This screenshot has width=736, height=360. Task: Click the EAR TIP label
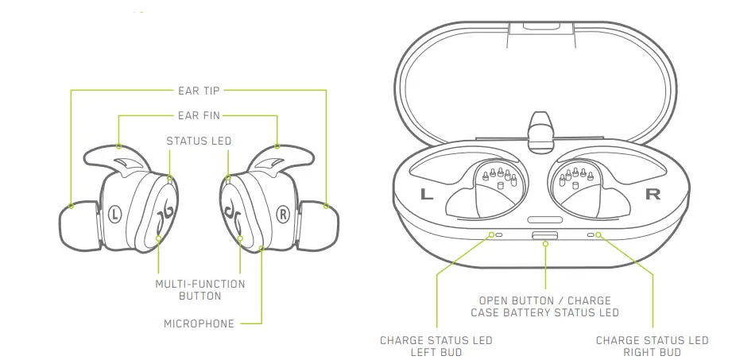tap(199, 91)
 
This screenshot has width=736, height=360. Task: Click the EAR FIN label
tap(199, 116)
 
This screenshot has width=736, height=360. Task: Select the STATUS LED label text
tap(199, 141)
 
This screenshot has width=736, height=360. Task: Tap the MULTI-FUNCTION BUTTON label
tap(199, 289)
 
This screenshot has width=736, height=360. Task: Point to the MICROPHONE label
tap(199, 323)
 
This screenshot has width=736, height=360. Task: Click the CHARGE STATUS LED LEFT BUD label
tap(436, 346)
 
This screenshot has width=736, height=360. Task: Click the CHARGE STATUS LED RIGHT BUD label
tap(652, 346)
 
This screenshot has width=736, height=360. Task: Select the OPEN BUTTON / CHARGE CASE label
tap(544, 307)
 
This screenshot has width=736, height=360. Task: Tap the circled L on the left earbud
tap(115, 213)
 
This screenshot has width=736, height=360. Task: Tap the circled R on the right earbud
tap(282, 213)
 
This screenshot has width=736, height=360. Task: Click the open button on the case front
tap(545, 235)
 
